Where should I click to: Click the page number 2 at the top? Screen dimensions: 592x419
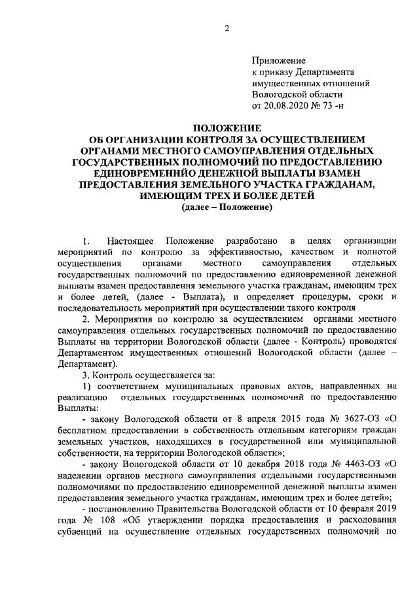pyautogui.click(x=226, y=27)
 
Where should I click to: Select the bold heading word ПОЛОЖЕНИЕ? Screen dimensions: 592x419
pyautogui.click(x=226, y=128)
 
